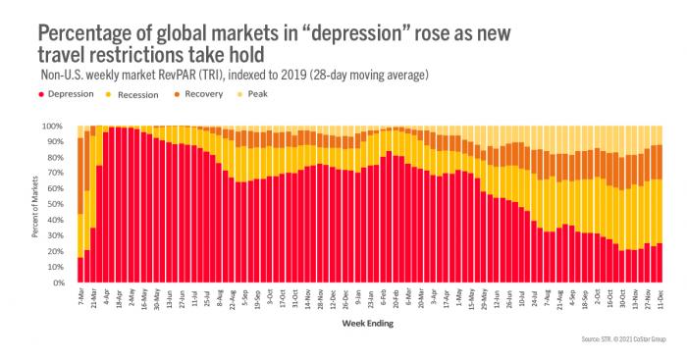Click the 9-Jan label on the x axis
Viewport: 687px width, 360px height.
(x=358, y=297)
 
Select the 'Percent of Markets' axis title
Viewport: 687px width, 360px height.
(x=30, y=204)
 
